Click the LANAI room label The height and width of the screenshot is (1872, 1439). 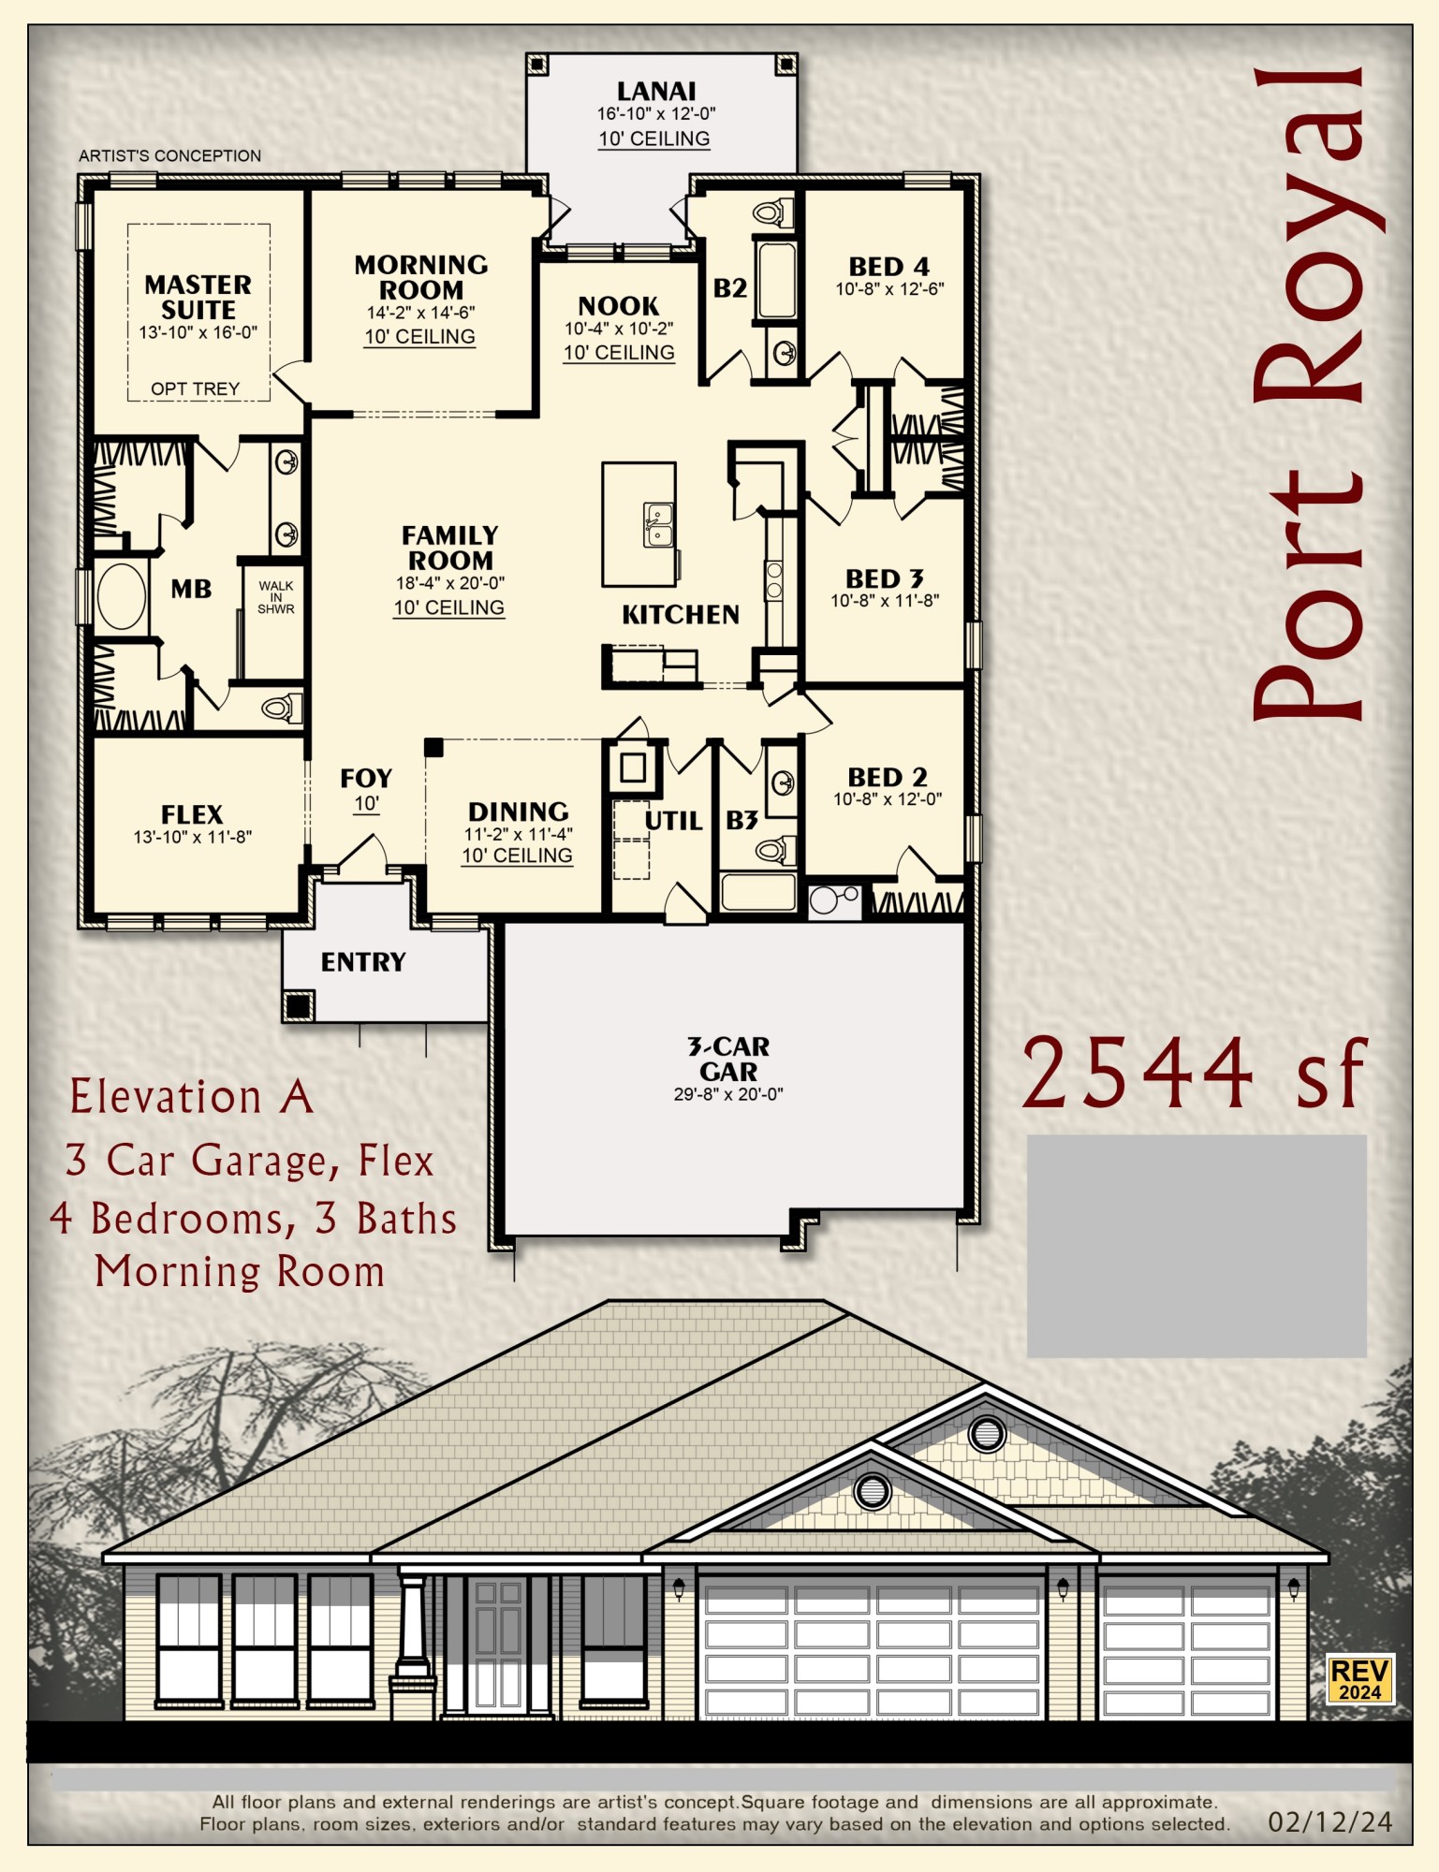click(655, 92)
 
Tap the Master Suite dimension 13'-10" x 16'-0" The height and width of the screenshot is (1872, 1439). click(198, 332)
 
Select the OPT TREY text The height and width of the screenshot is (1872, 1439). click(195, 388)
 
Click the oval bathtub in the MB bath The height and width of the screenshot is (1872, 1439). click(122, 596)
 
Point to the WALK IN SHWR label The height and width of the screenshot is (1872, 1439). click(275, 597)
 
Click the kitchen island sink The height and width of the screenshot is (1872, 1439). click(658, 524)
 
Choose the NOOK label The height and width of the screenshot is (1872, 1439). click(618, 306)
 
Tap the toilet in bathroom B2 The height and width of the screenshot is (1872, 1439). click(772, 212)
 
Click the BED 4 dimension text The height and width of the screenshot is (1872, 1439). click(889, 290)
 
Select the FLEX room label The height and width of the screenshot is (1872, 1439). click(192, 814)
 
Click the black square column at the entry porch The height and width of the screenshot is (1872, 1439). click(299, 1006)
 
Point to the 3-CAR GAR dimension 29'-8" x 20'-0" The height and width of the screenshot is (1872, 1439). click(727, 1094)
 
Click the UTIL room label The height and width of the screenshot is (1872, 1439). click(673, 821)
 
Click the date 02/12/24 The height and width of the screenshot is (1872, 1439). click(1329, 1822)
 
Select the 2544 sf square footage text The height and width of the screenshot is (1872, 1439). click(1194, 1074)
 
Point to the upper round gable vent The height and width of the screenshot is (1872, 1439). click(987, 1433)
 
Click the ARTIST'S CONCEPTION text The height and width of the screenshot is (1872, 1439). click(169, 155)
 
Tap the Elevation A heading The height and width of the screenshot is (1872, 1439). click(191, 1097)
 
